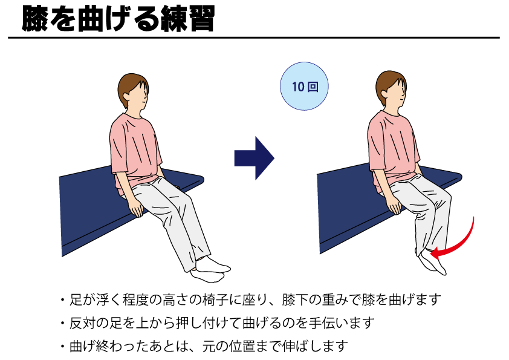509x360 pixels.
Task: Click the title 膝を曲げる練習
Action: [118, 19]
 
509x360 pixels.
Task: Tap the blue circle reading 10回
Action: [304, 86]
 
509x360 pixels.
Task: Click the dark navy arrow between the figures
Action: [254, 159]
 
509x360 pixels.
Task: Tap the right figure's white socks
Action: [431, 263]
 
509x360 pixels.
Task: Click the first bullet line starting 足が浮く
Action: [251, 299]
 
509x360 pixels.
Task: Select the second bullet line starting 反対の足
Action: [218, 323]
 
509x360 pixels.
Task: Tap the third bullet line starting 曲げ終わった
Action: [204, 346]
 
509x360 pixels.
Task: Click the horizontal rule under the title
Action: [254, 38]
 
